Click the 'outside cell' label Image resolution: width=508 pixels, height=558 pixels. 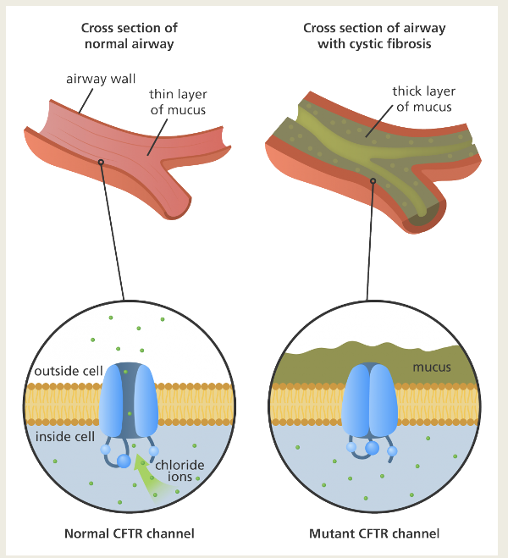coord(66,373)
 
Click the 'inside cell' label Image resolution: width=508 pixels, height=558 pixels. coord(64,437)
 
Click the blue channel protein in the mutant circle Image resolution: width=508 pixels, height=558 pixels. coord(368,398)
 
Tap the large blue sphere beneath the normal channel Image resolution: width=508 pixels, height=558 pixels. coord(124,461)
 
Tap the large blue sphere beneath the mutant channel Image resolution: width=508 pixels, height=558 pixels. coord(371,447)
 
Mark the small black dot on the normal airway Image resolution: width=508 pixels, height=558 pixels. coord(101,162)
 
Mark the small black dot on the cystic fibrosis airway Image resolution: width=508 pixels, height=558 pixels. coord(371,180)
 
